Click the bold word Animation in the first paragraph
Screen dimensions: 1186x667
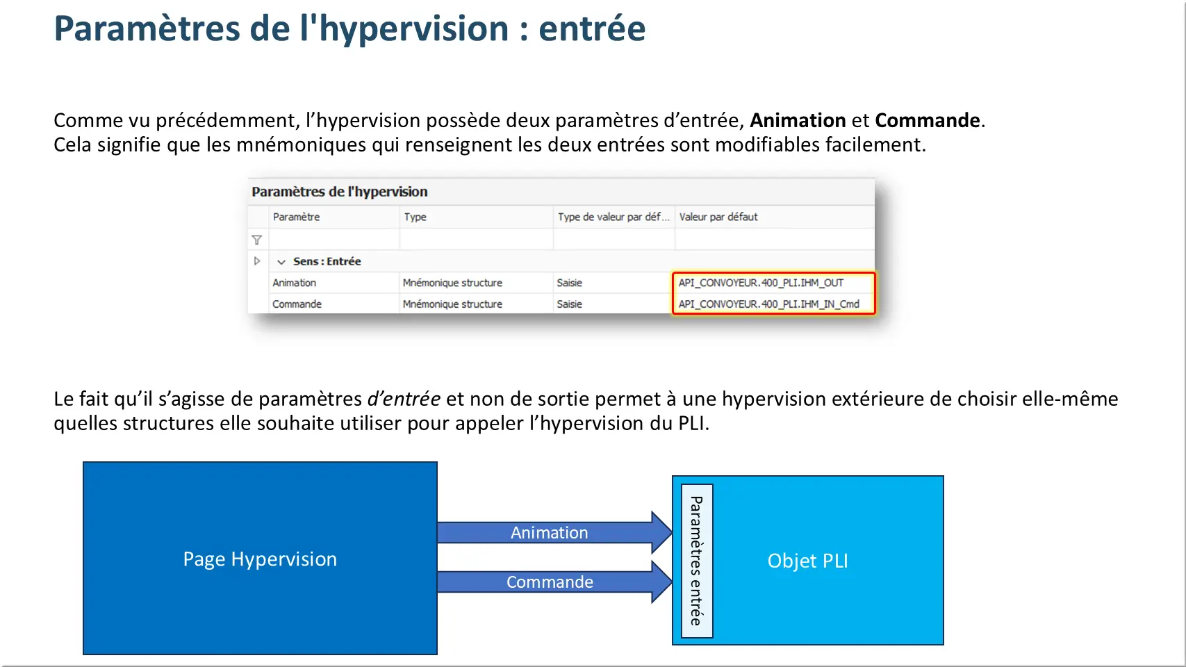coord(798,121)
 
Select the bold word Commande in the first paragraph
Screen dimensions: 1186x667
coord(927,121)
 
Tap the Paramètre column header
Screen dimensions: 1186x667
coord(296,217)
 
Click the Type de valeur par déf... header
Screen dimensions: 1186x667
coord(613,217)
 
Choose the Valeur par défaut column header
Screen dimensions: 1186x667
coord(718,217)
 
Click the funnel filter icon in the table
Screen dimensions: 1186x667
coord(257,240)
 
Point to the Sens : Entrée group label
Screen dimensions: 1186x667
coord(327,261)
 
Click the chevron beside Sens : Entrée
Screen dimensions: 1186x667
coord(281,262)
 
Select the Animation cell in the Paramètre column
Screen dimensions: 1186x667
coord(294,283)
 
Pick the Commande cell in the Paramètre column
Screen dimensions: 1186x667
coord(297,304)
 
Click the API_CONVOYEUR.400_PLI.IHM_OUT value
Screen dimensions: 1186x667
coord(761,283)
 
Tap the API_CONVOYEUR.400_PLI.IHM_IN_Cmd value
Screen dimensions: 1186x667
coord(769,304)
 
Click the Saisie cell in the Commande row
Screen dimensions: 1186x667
coord(569,304)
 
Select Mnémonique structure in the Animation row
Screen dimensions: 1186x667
coord(452,283)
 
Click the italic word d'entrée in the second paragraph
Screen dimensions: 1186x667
coord(404,399)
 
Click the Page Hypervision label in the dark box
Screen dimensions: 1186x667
coord(260,559)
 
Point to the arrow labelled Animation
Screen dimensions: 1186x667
coord(555,532)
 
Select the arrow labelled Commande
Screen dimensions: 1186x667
coord(555,582)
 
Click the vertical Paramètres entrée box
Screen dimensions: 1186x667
coord(697,561)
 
